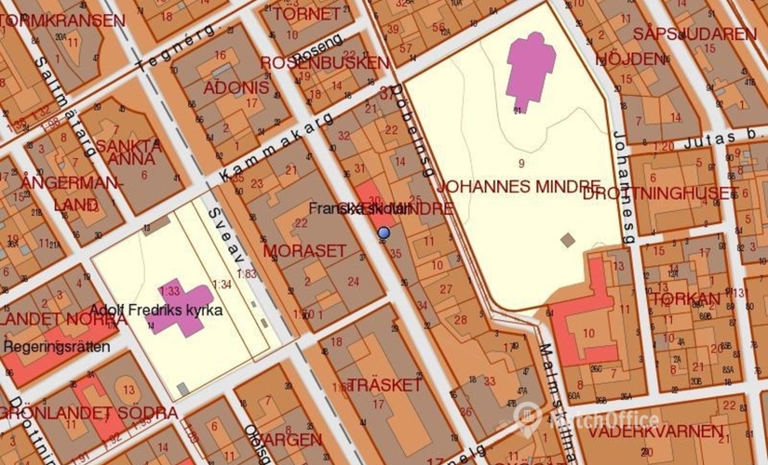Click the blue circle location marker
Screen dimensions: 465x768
[384, 232]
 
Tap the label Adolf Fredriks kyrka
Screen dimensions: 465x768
[156, 310]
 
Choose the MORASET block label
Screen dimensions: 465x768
[304, 251]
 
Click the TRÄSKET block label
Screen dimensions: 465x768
[384, 385]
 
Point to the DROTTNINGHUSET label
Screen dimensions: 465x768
[661, 193]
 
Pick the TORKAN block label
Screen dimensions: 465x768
[685, 299]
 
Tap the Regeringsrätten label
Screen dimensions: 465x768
[57, 347]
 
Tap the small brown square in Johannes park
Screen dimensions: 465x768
[568, 240]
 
